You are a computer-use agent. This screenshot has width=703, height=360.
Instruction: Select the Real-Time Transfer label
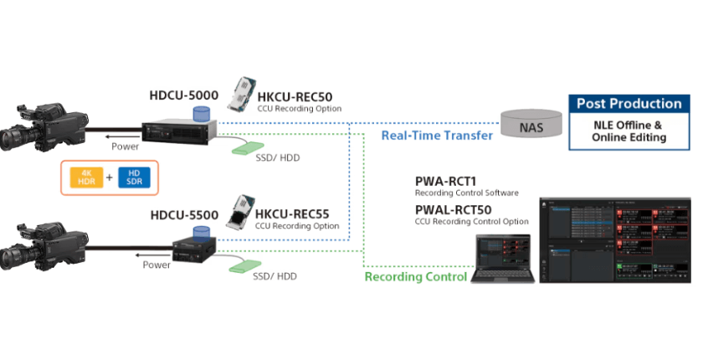pyautogui.click(x=437, y=136)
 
